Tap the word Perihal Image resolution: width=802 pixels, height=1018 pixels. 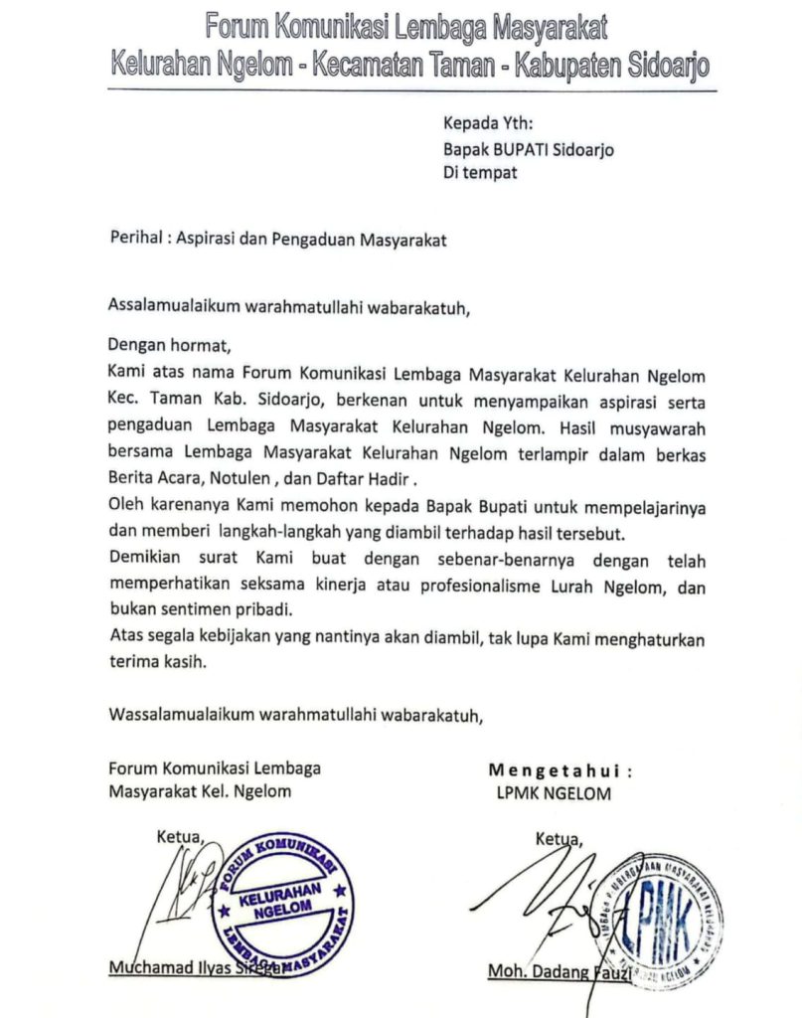134,240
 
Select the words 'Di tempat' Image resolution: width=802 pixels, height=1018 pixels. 480,173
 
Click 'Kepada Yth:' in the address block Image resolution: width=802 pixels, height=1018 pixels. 488,125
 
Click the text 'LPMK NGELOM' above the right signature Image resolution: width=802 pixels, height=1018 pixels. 554,793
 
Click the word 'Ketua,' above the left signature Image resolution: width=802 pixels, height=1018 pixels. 179,837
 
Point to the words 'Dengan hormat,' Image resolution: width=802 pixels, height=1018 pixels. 168,347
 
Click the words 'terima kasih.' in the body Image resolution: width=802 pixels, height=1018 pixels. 159,666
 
